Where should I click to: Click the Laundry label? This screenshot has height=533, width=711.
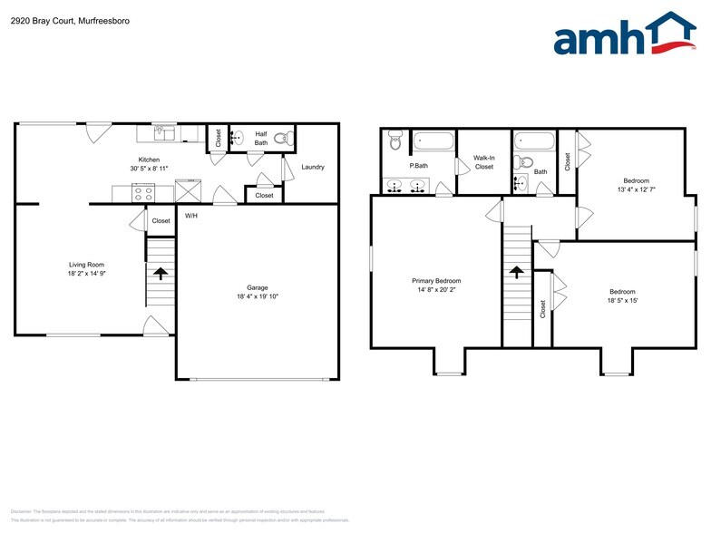click(x=313, y=167)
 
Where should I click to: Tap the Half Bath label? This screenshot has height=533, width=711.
click(x=260, y=138)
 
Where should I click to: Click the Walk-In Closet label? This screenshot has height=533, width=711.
click(x=484, y=162)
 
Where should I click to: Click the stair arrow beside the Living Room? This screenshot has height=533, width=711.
click(x=161, y=271)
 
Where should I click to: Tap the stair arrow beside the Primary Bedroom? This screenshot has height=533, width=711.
click(x=517, y=271)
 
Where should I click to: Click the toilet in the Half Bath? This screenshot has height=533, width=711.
click(x=282, y=140)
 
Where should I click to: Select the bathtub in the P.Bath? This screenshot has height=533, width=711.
click(x=433, y=141)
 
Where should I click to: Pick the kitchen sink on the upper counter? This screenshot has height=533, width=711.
click(x=164, y=134)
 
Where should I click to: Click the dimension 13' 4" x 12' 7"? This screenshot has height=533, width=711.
click(x=635, y=189)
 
